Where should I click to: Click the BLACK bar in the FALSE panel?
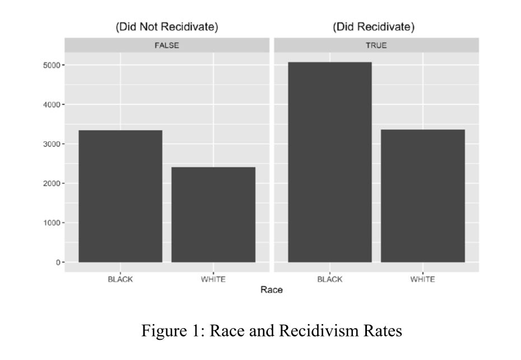(120, 196)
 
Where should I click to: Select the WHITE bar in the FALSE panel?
(213, 214)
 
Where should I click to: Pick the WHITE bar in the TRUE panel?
(423, 196)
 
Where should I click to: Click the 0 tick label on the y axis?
(57, 262)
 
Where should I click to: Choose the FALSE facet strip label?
(167, 45)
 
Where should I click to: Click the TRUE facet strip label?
(376, 45)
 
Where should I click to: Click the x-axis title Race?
(272, 290)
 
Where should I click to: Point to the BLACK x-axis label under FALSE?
(120, 279)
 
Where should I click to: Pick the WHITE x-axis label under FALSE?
(213, 279)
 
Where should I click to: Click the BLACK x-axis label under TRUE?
(330, 279)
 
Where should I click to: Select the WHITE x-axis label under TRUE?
(423, 279)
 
